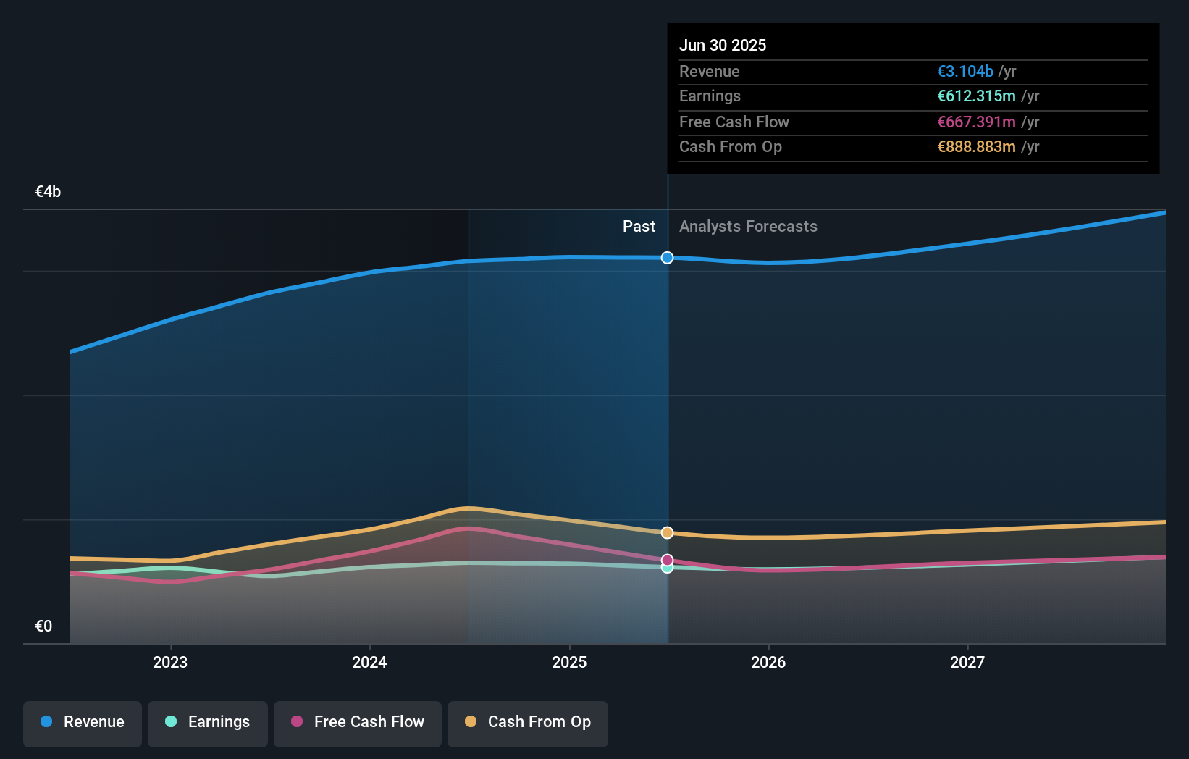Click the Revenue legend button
tap(83, 723)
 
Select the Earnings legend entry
tap(208, 723)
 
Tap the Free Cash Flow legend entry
tap(358, 723)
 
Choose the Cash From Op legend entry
tap(528, 723)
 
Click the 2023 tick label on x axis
tap(170, 662)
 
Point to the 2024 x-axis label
tap(369, 662)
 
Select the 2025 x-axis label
tap(569, 662)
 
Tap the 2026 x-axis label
tap(768, 662)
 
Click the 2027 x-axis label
tap(967, 662)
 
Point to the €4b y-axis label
tap(48, 192)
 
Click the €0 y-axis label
tap(43, 626)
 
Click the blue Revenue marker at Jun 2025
tap(667, 258)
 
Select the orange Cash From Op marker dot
tap(667, 533)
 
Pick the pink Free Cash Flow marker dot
tap(667, 560)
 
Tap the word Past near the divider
tap(639, 227)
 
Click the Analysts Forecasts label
tap(748, 227)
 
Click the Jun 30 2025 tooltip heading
tap(722, 45)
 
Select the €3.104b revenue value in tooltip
tap(965, 72)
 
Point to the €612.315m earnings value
tap(975, 96)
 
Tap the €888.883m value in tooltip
tap(975, 147)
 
